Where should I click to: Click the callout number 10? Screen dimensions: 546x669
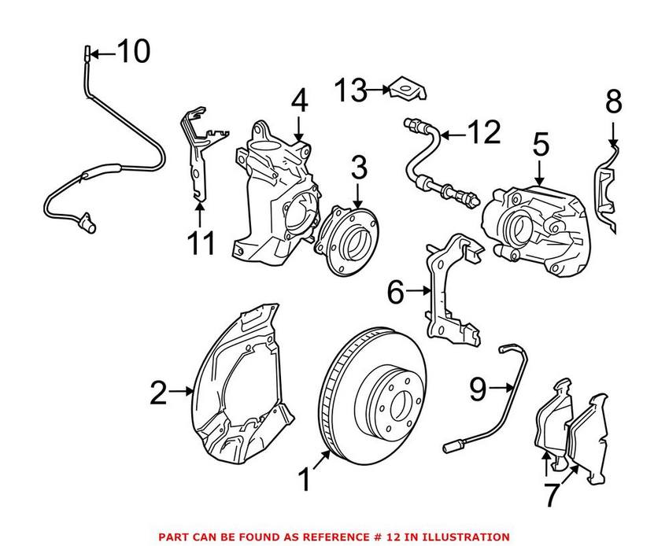pyautogui.click(x=132, y=53)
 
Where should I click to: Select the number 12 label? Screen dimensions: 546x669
pyautogui.click(x=482, y=133)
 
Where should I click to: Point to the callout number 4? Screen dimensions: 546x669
pyautogui.click(x=299, y=101)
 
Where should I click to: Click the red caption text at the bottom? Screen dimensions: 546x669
pyautogui.click(x=334, y=536)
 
